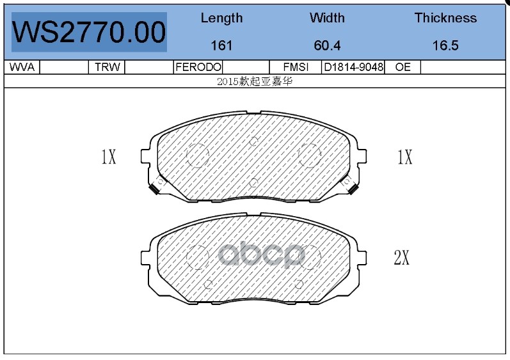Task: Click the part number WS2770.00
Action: (89, 32)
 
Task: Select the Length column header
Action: (221, 18)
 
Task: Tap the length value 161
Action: (221, 45)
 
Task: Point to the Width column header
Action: (327, 18)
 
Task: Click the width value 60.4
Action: (327, 45)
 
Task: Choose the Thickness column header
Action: (445, 18)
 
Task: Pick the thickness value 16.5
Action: (445, 45)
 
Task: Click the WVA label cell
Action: (22, 67)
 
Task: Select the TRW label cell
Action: (108, 67)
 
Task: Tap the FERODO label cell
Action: (198, 67)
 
